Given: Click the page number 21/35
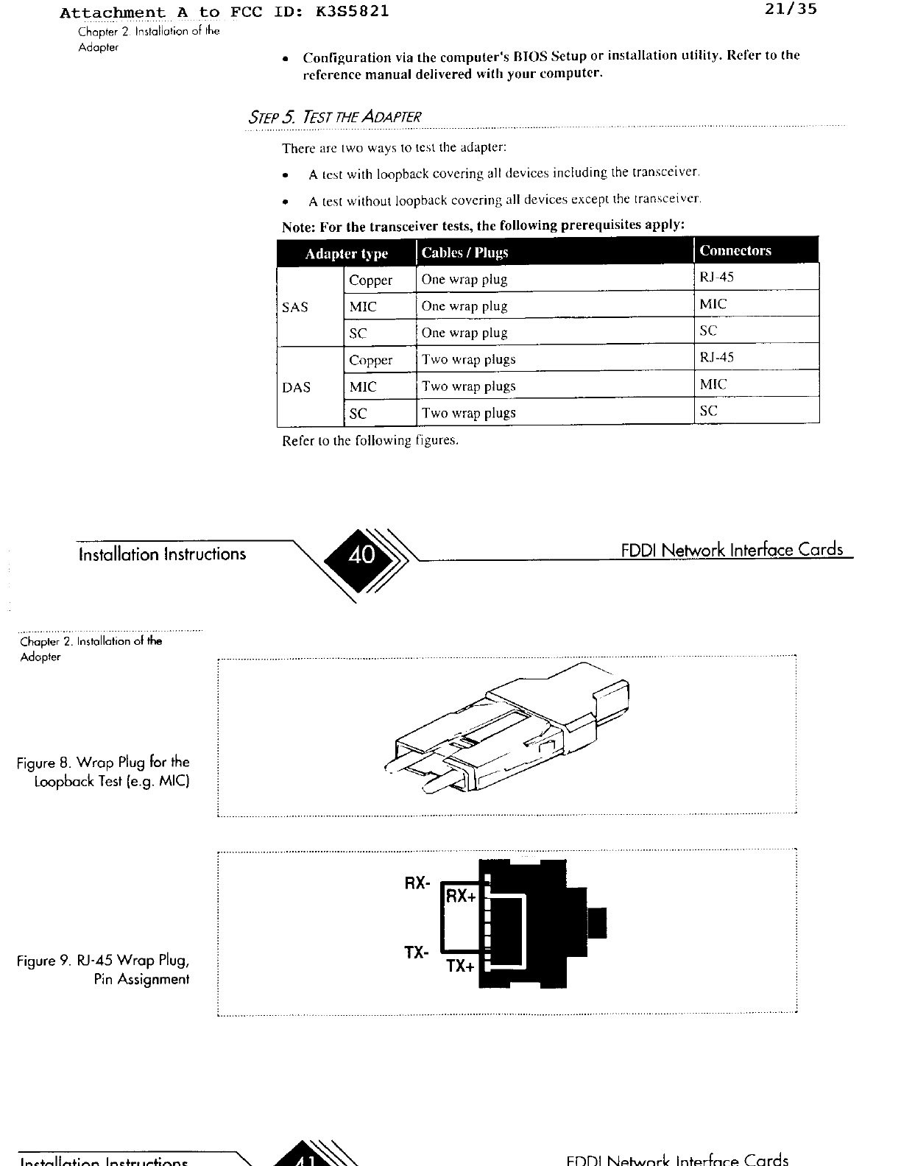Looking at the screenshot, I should (791, 11).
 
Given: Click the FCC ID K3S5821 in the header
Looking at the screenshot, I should (349, 13).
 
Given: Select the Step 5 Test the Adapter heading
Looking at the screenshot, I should (335, 117).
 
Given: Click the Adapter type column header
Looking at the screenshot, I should (346, 254).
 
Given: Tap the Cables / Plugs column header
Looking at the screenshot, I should (464, 252).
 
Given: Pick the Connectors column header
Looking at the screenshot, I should (735, 250).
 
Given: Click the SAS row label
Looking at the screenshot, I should (295, 307).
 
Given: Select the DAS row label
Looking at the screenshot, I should (296, 387).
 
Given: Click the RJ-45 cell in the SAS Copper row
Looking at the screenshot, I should (716, 278).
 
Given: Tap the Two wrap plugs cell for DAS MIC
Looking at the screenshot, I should (468, 386).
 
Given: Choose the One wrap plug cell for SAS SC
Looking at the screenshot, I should (464, 333).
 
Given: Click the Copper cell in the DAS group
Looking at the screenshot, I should (370, 360).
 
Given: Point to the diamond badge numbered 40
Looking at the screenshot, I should (361, 554).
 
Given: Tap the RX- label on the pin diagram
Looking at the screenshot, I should (417, 883).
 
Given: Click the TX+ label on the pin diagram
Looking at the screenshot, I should (461, 966).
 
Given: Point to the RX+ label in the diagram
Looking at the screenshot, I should (462, 896).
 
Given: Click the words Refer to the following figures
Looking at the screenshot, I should (370, 441).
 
